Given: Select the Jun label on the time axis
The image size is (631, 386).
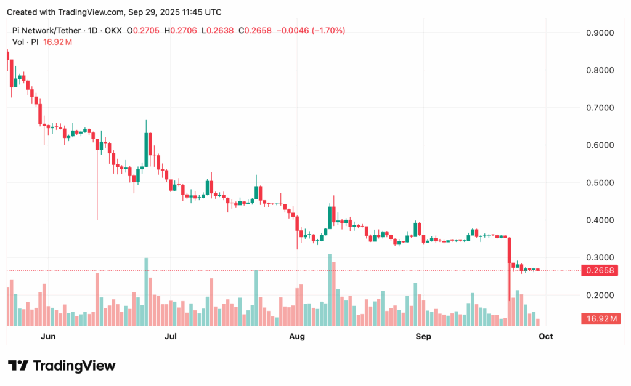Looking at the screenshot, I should pyautogui.click(x=48, y=336).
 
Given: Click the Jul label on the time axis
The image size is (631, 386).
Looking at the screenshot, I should pyautogui.click(x=171, y=336).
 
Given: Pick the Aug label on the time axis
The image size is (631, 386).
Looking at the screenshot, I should pyautogui.click(x=297, y=336).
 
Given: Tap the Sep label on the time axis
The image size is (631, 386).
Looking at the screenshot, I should pyautogui.click(x=423, y=336).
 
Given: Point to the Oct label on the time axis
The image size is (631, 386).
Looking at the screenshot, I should pyautogui.click(x=545, y=336).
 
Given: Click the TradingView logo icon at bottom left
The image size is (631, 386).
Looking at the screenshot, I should pyautogui.click(x=17, y=366).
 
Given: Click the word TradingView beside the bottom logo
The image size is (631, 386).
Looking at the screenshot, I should pyautogui.click(x=74, y=366).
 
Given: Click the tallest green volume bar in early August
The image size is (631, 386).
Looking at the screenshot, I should pyautogui.click(x=330, y=289).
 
